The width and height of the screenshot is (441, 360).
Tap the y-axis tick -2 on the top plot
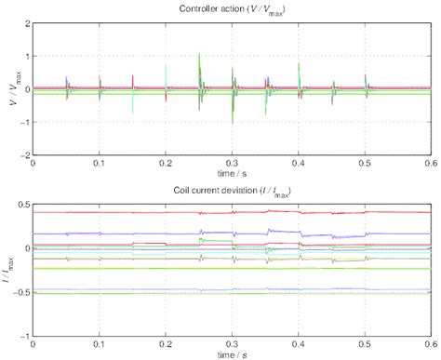click(23, 154)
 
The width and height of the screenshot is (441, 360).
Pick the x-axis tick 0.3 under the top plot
click(231, 163)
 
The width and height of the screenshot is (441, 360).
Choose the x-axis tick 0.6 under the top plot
click(427, 163)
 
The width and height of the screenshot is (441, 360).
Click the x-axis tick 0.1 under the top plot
click(100, 163)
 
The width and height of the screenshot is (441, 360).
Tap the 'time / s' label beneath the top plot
click(231, 173)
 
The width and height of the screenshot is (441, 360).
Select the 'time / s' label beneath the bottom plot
click(231, 353)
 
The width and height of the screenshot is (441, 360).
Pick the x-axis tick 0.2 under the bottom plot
click(166, 343)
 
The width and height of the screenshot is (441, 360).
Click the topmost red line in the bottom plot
click(140, 212)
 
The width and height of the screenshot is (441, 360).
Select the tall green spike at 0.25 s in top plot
click(199, 58)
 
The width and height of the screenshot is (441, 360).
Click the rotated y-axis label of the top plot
click(8, 88)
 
